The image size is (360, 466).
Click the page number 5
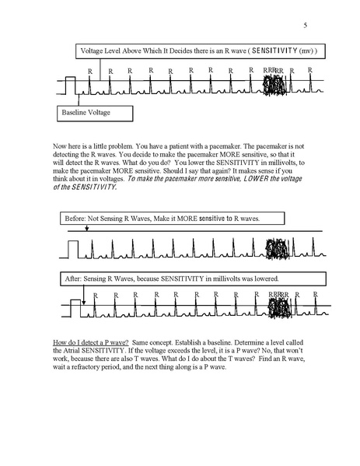[306, 26]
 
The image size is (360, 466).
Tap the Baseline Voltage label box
[94, 113]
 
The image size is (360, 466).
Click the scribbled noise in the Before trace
[277, 251]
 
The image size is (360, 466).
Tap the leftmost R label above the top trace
[91, 71]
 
